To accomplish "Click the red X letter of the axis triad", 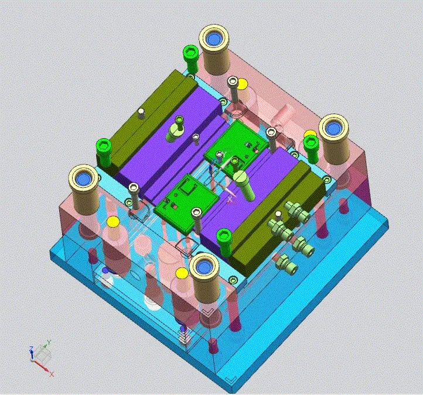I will tap(54, 373).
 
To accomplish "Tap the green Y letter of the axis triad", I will tap(49, 342).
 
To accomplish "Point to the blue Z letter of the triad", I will tap(30, 349).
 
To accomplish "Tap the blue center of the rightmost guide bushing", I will tap(333, 128).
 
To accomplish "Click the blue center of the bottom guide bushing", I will tap(205, 267).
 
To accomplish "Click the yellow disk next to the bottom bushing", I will tap(182, 273).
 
